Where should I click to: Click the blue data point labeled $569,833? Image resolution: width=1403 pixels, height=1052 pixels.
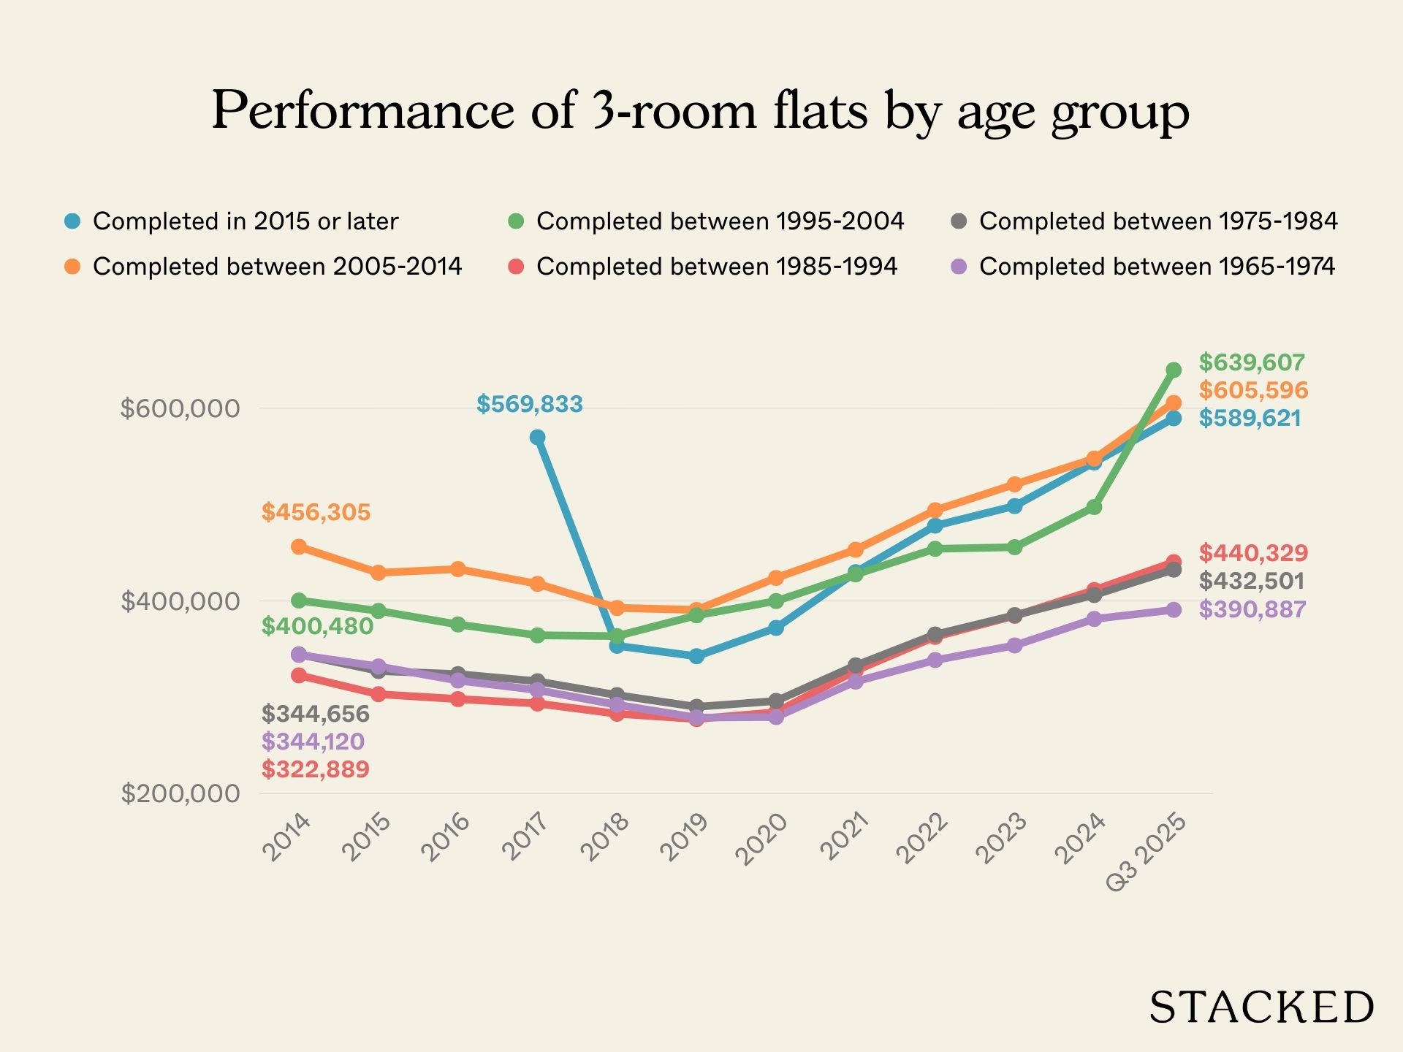[537, 437]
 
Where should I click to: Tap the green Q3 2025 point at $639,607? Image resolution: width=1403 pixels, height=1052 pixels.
[1174, 370]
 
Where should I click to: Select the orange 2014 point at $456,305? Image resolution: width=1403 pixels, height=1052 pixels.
[298, 546]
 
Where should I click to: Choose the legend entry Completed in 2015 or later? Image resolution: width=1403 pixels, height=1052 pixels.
[245, 221]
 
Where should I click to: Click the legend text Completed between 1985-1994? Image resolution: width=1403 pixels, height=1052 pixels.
[716, 267]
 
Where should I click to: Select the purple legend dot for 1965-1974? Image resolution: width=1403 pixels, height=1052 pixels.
[959, 267]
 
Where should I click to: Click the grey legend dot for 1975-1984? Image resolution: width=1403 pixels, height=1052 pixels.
[959, 221]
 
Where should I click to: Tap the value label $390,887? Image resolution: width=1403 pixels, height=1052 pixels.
[1252, 609]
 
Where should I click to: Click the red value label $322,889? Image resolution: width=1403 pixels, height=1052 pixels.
[316, 769]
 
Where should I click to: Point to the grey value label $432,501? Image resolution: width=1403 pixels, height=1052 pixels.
[1251, 582]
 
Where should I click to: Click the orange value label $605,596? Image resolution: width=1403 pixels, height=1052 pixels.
[1253, 390]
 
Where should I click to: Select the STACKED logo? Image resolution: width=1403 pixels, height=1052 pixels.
[1261, 1008]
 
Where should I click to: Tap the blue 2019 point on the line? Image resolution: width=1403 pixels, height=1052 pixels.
[696, 656]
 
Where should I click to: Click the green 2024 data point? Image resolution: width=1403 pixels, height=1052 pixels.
[1094, 507]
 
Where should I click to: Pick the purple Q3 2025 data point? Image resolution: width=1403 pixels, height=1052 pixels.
[1174, 610]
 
